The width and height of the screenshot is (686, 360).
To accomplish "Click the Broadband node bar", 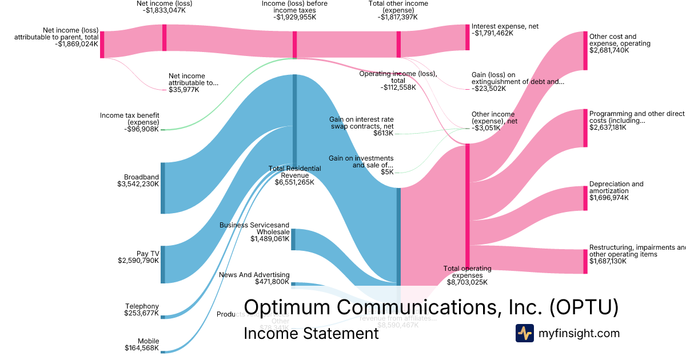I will tap(163, 188).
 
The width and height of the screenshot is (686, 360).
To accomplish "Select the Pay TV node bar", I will tap(163, 264).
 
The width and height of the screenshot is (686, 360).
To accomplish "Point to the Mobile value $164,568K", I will tap(142, 348).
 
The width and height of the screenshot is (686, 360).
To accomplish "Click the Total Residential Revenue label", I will tap(294, 172).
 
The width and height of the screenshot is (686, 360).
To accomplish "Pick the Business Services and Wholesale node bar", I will tap(293, 239).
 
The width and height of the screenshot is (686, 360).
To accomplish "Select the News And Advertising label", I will tap(254, 275).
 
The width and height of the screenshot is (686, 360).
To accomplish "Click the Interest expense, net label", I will tap(505, 26).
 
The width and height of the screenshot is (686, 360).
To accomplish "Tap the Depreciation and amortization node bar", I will tap(585, 198).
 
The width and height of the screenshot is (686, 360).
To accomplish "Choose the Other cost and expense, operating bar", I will tap(585, 51).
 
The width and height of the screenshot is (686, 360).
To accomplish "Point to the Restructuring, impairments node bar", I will tap(585, 261).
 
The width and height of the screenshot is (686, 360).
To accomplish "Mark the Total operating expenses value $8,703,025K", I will tap(467, 282).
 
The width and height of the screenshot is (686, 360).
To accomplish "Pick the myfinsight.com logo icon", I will tap(524, 333).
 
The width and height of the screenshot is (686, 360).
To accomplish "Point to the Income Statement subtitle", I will tap(311, 333).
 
